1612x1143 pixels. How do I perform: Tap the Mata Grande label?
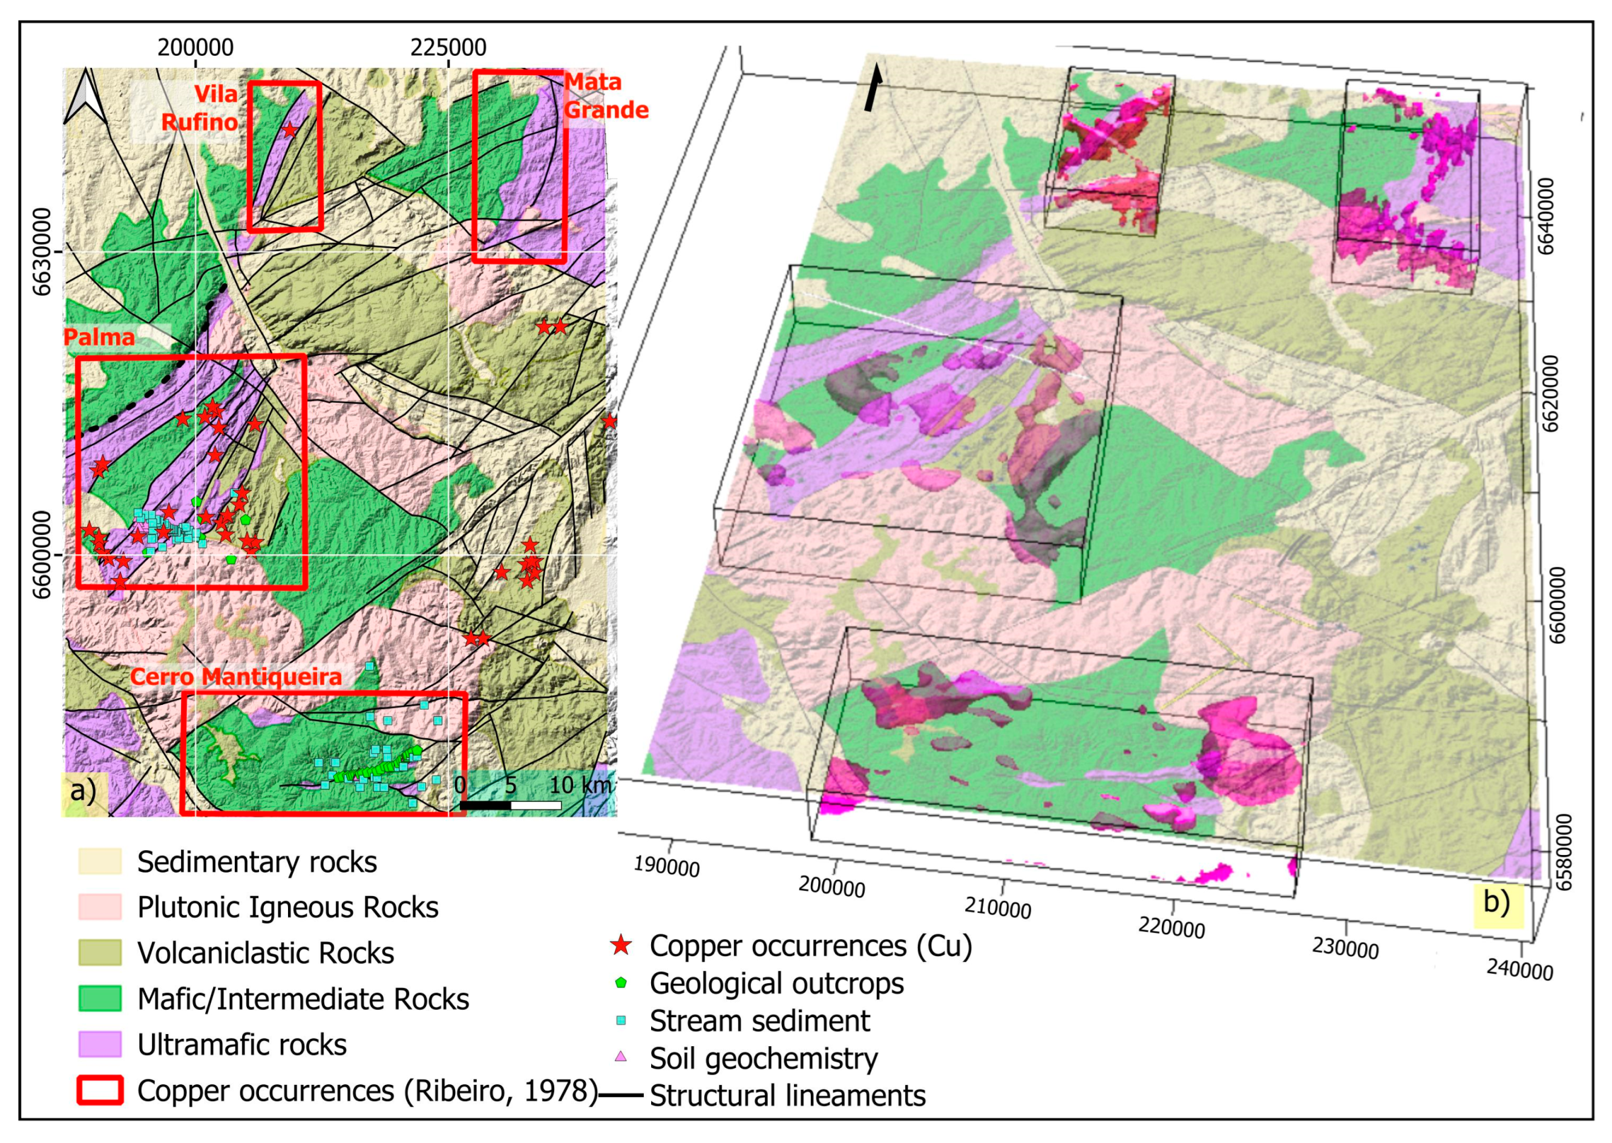pos(604,96)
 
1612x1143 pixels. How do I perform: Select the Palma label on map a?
pos(99,337)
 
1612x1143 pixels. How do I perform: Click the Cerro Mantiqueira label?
pos(236,677)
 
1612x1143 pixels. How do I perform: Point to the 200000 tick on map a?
pos(195,48)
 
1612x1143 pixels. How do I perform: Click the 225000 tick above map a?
pos(448,48)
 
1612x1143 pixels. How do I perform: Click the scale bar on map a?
pos(510,805)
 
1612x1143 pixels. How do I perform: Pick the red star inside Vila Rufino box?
pos(289,130)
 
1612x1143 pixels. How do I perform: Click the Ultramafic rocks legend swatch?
pos(99,1044)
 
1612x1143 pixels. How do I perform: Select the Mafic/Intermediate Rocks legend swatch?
pos(99,998)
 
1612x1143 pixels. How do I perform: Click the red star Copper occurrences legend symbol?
pos(620,946)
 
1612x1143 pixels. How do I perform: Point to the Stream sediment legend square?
pos(620,1021)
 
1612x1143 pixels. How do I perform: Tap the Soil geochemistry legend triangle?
pos(620,1057)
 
